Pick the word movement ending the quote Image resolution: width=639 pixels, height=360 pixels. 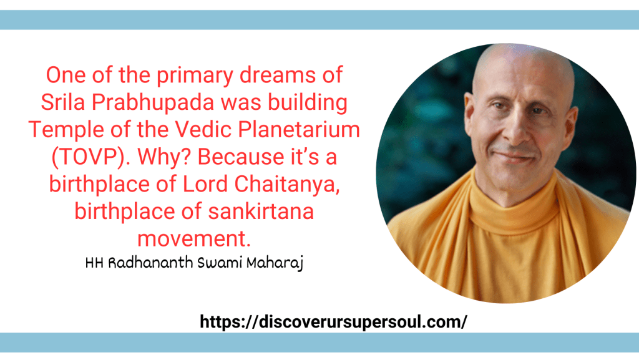click(193, 238)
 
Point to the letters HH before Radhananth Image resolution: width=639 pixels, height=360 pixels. click(93, 263)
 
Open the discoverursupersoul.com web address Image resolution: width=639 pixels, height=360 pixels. click(333, 322)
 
